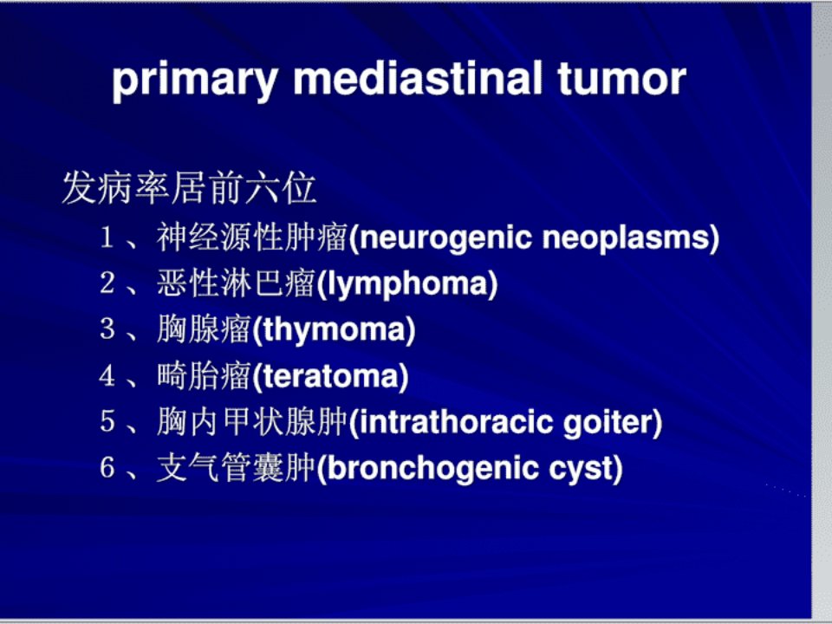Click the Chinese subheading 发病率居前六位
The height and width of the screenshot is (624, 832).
(190, 188)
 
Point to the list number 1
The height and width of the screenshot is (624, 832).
(107, 237)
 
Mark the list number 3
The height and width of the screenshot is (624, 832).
(107, 329)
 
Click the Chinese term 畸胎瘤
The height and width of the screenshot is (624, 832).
(204, 375)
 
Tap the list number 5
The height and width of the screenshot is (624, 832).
(107, 422)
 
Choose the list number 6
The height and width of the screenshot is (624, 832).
(107, 467)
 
